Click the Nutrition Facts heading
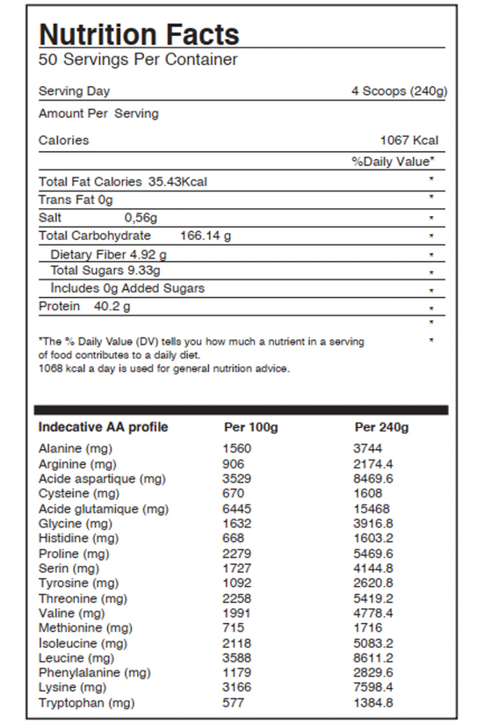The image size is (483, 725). click(x=139, y=34)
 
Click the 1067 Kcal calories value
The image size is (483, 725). click(x=408, y=141)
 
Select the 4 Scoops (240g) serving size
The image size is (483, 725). click(x=399, y=91)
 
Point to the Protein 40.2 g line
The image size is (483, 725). click(x=84, y=306)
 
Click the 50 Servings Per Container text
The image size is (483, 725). click(x=138, y=60)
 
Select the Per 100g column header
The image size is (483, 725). click(x=251, y=428)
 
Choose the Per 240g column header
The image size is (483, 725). click(x=382, y=428)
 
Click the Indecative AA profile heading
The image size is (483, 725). click(x=103, y=428)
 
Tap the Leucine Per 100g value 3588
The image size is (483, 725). click(x=237, y=658)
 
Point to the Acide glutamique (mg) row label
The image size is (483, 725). click(x=104, y=509)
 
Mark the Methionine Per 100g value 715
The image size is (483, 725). click(x=234, y=628)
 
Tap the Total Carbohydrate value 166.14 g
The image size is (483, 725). click(x=205, y=236)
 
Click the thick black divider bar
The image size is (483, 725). click(x=241, y=410)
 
